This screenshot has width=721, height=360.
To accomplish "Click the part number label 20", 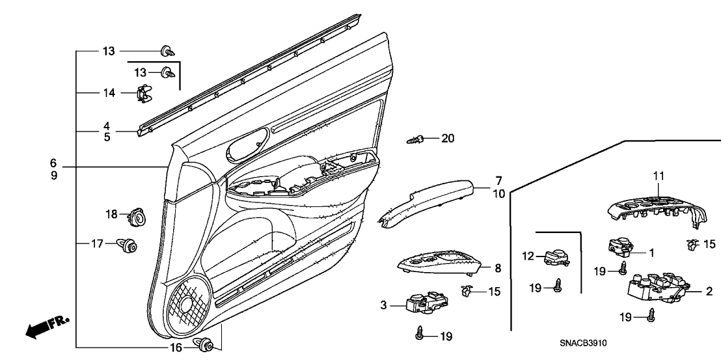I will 448,138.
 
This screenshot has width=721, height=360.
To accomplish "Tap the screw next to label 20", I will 416,139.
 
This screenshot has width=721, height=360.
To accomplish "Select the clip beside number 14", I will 145,94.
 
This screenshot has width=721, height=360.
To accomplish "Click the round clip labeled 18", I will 137,215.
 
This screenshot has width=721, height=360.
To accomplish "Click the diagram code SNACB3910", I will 588,342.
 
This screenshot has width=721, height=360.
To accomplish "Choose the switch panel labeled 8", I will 439,264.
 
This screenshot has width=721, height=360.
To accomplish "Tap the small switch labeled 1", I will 620,246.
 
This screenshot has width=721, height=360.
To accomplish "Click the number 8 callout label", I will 498,267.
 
